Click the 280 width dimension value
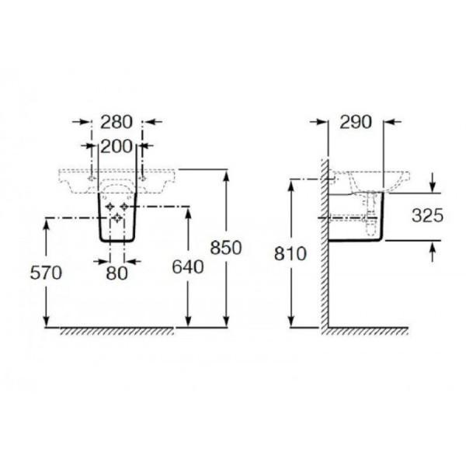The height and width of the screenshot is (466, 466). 116,121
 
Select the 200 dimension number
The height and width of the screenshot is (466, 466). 116,144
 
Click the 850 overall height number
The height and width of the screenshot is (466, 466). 226,246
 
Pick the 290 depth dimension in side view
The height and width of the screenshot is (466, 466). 356,121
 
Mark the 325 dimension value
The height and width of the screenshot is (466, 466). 427,216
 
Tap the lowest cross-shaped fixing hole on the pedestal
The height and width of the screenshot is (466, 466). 117,220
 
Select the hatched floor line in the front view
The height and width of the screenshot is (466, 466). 116,331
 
